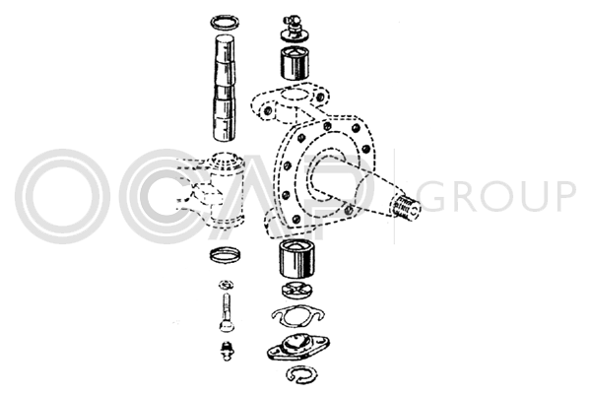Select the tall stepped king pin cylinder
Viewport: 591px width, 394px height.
(x=225, y=89)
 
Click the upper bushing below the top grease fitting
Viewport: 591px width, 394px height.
(x=295, y=63)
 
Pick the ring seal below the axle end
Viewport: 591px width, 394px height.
(x=225, y=255)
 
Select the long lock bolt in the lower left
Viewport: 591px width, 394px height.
(x=226, y=312)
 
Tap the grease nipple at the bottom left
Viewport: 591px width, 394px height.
(x=227, y=351)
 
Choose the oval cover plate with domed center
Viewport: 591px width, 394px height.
(x=298, y=346)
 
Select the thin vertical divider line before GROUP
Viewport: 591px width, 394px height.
(x=395, y=196)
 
